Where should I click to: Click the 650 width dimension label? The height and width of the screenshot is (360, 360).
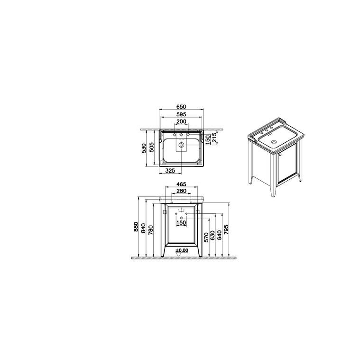(181, 107)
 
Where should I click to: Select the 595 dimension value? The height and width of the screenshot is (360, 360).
(181, 114)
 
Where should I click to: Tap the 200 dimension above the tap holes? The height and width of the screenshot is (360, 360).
(181, 121)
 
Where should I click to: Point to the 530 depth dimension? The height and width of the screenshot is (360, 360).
(144, 148)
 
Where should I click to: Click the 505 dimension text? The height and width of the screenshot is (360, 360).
(151, 147)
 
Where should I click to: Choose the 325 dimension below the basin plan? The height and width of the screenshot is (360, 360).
(170, 171)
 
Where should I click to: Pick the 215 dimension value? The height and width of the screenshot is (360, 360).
(215, 138)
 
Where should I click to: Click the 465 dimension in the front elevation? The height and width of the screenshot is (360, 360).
(181, 184)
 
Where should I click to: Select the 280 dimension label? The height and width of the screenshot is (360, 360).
(181, 191)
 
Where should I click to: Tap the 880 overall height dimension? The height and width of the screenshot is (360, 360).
(136, 227)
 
